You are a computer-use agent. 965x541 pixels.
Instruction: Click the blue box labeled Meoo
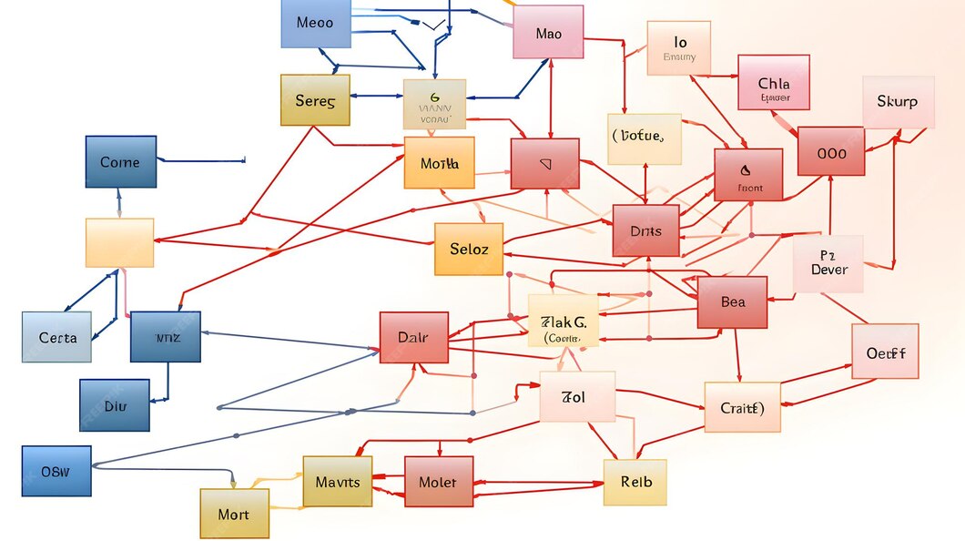click(x=316, y=23)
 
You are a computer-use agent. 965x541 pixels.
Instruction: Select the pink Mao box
click(x=548, y=33)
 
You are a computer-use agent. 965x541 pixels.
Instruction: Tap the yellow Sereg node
click(x=315, y=100)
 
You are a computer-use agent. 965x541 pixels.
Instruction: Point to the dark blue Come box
click(x=120, y=162)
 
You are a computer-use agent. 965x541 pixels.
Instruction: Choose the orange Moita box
click(x=439, y=163)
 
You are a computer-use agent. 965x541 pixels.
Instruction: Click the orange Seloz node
click(x=469, y=249)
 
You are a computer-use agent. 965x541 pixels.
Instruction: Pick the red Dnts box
click(x=645, y=230)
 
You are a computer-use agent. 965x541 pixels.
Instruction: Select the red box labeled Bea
click(x=732, y=302)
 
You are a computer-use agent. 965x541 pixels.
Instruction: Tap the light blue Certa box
click(x=56, y=337)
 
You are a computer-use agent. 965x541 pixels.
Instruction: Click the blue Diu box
click(x=115, y=405)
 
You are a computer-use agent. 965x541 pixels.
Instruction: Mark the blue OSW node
click(x=56, y=471)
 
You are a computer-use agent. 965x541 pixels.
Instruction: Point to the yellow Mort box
click(x=234, y=514)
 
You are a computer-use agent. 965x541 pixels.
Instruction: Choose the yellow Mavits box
click(x=337, y=482)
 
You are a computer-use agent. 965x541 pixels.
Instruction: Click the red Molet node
click(x=438, y=482)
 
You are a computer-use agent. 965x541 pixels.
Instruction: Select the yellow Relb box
click(x=635, y=482)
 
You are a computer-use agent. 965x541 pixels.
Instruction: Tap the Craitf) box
click(x=742, y=407)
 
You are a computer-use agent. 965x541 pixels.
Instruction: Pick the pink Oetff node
click(x=885, y=352)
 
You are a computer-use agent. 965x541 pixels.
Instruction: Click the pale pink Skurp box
click(x=898, y=102)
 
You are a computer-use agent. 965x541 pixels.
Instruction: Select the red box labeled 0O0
click(x=831, y=151)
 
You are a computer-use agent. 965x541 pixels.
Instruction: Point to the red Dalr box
click(x=413, y=337)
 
